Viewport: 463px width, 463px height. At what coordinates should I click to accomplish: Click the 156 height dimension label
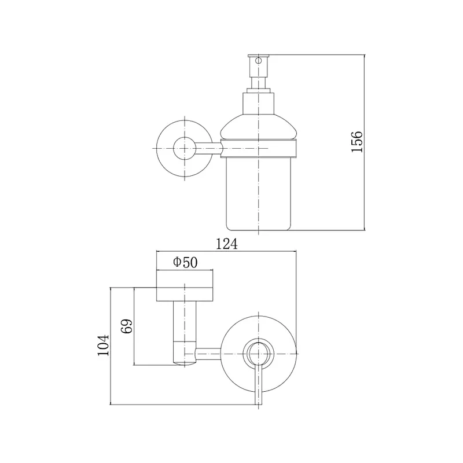(x=357, y=141)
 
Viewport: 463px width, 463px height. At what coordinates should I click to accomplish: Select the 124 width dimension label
(x=227, y=244)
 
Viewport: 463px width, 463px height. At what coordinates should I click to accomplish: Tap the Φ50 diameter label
(x=185, y=262)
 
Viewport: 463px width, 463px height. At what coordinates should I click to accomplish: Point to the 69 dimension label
(x=127, y=326)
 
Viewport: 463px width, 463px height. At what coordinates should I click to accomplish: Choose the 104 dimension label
(x=104, y=345)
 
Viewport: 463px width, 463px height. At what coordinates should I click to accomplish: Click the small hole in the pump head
(x=259, y=61)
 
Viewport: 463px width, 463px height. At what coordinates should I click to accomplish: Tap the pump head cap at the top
(x=259, y=56)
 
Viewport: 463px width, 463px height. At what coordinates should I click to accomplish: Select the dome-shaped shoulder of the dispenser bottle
(x=259, y=126)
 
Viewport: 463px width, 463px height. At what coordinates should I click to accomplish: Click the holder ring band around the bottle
(x=259, y=148)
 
